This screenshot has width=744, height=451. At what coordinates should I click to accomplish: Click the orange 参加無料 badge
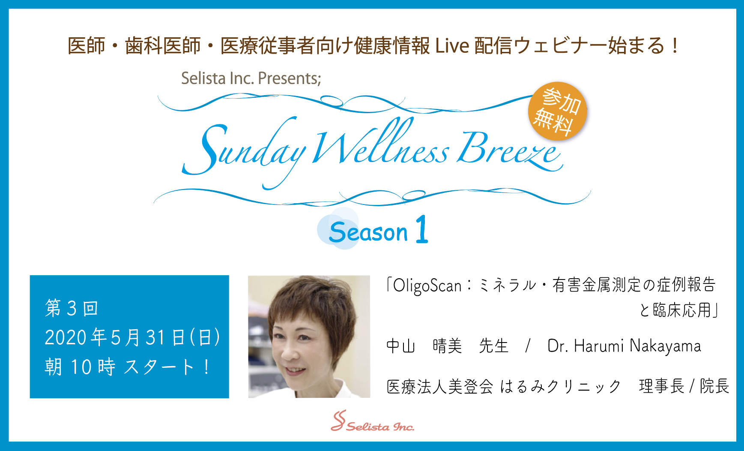pos(557,111)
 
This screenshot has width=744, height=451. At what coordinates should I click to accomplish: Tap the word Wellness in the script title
pos(381,144)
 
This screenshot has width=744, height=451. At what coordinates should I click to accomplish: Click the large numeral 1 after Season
pos(422,229)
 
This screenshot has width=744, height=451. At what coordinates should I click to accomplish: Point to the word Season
pos(368,233)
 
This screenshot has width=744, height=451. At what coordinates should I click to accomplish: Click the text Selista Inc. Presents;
pos(251,78)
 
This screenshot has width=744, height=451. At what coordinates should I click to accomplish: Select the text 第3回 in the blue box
pos(72,308)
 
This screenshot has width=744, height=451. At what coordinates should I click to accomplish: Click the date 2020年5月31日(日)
pos(132,337)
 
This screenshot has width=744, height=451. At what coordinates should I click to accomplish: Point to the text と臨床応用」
pos(678,310)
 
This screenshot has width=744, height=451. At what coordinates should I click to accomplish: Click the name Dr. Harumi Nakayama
pos(624,346)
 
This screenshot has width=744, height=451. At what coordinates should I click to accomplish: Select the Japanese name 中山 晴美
pos(424,346)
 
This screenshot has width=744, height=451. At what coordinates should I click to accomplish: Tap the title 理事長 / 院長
pos(684,386)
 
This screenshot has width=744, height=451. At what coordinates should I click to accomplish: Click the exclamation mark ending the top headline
pos(675,45)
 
